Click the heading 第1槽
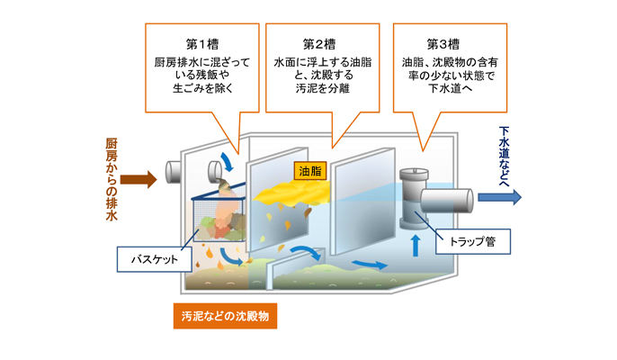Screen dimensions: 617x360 (201, 44)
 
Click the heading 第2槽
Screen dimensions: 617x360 (319, 44)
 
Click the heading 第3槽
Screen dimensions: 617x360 (443, 44)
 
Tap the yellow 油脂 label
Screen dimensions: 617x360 (310, 171)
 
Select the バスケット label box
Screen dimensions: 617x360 (155, 259)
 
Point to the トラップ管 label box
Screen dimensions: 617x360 (472, 241)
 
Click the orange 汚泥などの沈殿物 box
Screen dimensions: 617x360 (225, 316)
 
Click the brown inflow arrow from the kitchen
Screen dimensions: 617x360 (139, 180)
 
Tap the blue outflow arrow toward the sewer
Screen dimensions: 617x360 (500, 197)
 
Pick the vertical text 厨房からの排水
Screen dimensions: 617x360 (112, 180)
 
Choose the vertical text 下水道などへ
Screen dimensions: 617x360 (504, 156)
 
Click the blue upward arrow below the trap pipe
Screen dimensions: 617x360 (416, 246)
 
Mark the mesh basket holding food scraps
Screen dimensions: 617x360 (219, 219)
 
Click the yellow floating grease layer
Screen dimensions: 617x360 (291, 193)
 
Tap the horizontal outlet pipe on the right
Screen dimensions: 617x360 (447, 201)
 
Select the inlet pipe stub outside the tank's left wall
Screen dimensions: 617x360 (173, 172)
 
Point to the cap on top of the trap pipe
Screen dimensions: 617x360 (414, 173)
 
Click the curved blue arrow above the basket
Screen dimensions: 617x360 (227, 161)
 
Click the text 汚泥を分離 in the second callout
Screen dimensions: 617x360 (322, 88)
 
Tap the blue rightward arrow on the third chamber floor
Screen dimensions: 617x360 (370, 265)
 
